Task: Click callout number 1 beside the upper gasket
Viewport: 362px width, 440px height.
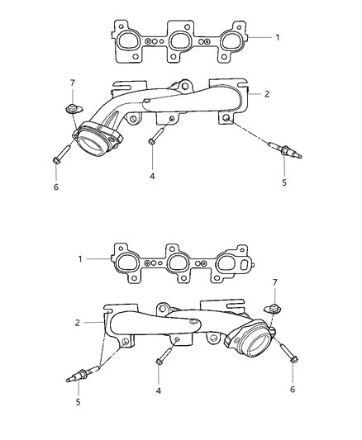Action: click(x=277, y=38)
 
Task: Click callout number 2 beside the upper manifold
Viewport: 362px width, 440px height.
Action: click(x=269, y=95)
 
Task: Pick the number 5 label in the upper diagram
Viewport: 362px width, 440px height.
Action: click(x=283, y=182)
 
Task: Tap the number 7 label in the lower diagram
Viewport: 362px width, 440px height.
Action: click(x=274, y=283)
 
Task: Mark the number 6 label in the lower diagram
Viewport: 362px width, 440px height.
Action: click(x=293, y=388)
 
